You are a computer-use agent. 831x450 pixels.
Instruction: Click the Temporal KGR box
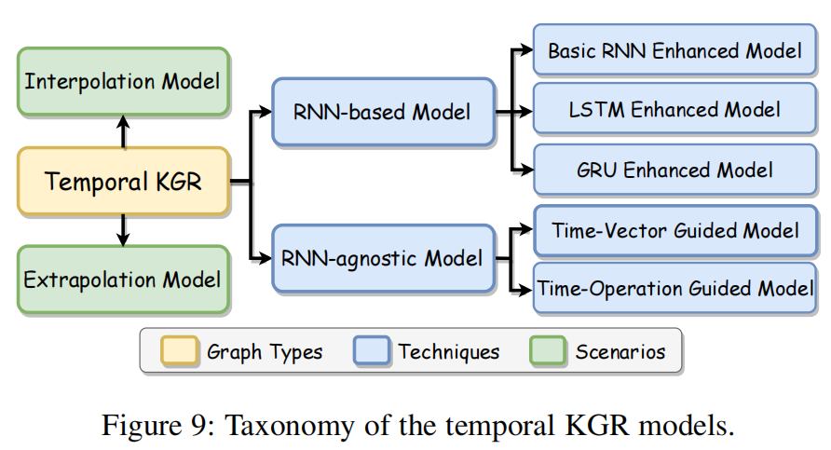point(123,181)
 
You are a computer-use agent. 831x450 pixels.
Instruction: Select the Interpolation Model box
point(123,81)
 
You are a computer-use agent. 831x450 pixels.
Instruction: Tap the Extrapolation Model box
point(123,280)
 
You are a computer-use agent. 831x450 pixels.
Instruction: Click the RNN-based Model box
point(382,113)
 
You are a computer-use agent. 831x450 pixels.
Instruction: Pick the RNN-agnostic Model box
point(382,257)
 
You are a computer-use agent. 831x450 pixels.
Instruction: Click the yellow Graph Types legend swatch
point(180,351)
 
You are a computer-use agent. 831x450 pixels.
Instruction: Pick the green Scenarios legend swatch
point(548,351)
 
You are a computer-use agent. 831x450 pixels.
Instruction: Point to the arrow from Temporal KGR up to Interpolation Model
point(123,131)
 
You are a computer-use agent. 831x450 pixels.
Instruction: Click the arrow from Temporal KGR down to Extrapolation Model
point(123,230)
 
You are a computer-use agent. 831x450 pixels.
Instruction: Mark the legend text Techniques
point(449,351)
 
